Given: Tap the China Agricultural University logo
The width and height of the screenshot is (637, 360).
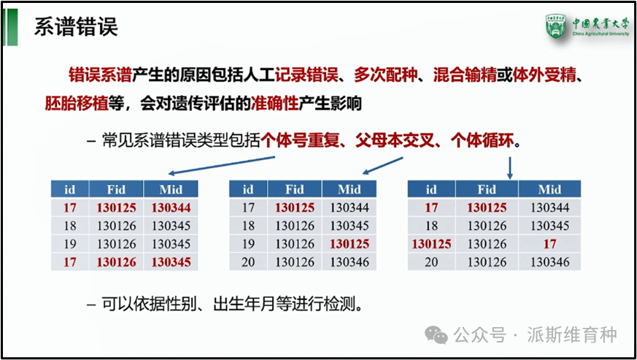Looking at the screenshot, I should point(587,28).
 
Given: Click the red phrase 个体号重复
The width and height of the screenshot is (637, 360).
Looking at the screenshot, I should point(301,140).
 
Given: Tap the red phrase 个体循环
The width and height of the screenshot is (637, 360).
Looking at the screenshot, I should point(482,140).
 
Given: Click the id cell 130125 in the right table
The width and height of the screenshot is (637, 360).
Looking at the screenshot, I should point(431,244).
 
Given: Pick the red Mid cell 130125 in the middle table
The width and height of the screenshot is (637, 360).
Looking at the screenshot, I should point(349,244).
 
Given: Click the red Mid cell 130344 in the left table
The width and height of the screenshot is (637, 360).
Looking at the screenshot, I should point(171,208).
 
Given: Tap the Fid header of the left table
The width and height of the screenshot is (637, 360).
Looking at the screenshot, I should point(116,190).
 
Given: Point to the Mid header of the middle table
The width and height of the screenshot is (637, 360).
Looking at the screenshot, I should point(349,190).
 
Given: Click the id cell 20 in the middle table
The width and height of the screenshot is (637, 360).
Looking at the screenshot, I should point(248,261).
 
